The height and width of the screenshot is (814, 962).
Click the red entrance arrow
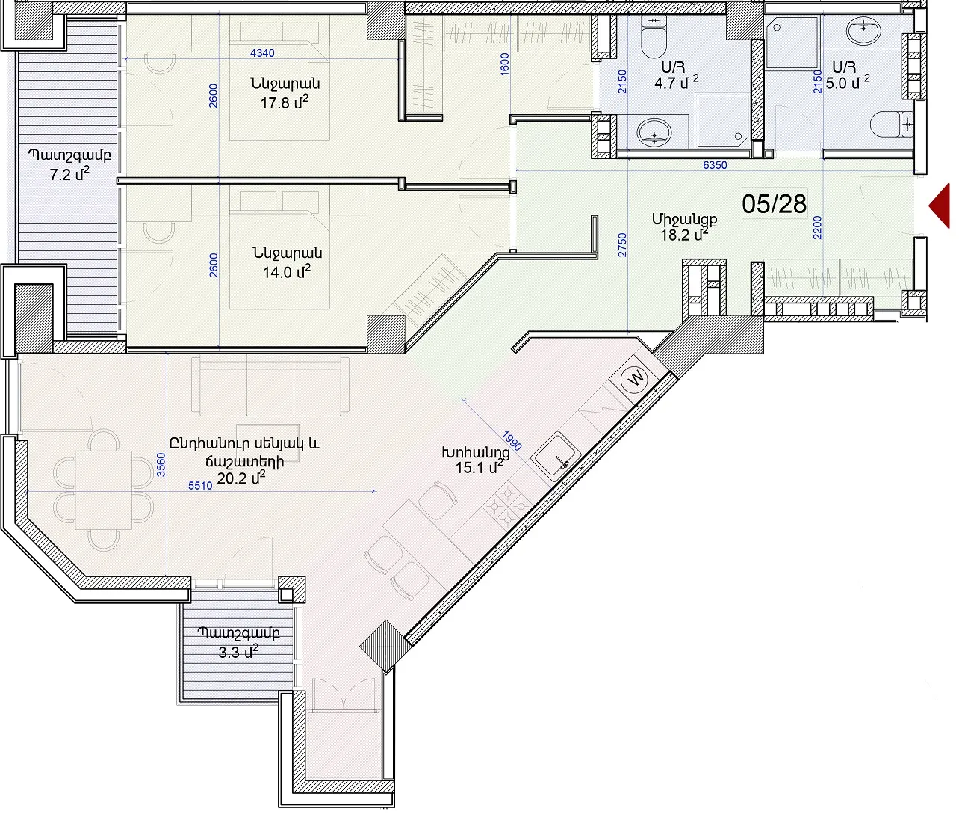[x=941, y=206]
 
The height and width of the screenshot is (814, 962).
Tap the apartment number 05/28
[x=774, y=204]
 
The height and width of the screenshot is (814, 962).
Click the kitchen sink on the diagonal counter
[x=556, y=457]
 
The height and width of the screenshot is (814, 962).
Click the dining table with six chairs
[x=104, y=490]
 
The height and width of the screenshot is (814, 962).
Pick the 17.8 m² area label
[x=285, y=102]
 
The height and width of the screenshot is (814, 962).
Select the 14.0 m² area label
[x=287, y=271]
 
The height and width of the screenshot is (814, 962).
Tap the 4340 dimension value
[x=262, y=53]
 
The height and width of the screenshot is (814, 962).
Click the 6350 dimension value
[x=715, y=165]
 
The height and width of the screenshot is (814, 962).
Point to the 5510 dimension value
[x=200, y=486]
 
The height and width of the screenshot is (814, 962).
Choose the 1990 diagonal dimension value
[x=512, y=440]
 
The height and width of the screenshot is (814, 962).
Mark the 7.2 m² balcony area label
[x=69, y=175]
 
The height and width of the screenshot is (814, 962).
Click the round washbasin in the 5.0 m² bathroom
[x=864, y=30]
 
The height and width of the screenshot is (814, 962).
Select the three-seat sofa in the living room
[x=270, y=386]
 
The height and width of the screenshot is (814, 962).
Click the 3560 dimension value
[x=161, y=465]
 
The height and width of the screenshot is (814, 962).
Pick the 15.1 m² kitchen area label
[x=480, y=467]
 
